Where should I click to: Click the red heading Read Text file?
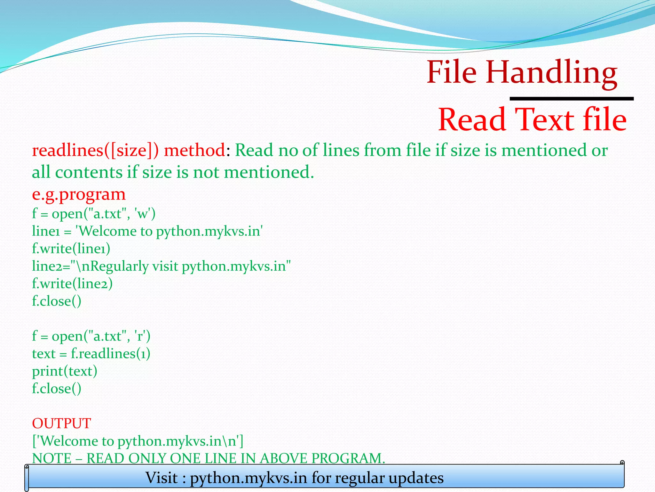pos(532,120)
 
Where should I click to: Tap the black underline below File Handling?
pos(571,99)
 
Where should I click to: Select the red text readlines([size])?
pos(95,151)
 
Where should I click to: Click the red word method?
pos(194,151)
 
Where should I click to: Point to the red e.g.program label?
pos(79,194)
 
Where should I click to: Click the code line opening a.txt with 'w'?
pos(94,214)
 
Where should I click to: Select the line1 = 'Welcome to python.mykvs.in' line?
pos(147,231)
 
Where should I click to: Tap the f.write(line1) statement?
pos(71,249)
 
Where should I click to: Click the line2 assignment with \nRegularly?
pos(161,266)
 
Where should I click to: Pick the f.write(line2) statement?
pos(72,284)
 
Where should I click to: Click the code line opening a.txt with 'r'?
pos(91,336)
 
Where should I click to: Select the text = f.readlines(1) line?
pos(91,354)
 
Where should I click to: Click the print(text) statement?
pos(65,371)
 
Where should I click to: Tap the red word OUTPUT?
pos(61,423)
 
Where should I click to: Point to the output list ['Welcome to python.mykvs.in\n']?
pos(138,441)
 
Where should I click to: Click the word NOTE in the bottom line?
pos(52,458)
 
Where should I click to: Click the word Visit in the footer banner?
pos(162,478)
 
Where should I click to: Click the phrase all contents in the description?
pos(77,172)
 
